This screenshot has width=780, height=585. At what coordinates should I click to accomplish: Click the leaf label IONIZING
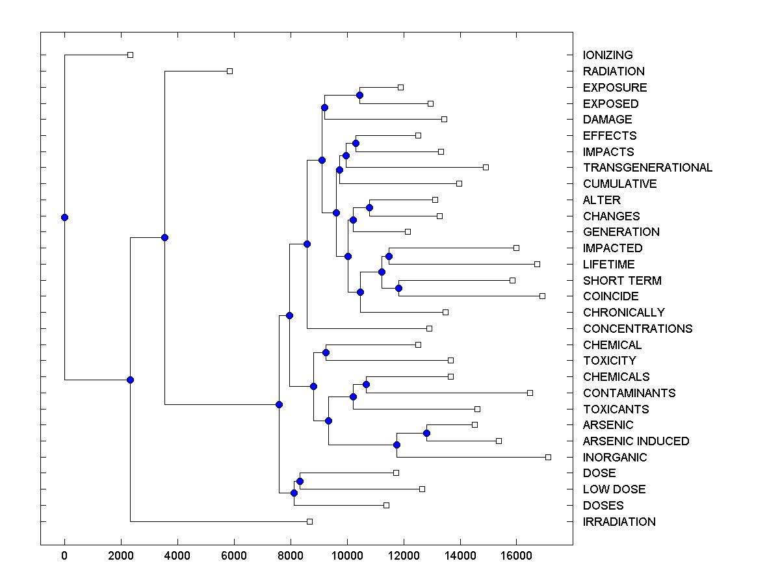pyautogui.click(x=608, y=55)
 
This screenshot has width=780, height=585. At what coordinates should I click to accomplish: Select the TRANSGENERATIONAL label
pyautogui.click(x=647, y=168)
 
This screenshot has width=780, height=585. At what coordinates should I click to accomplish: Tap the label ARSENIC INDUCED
pyautogui.click(x=636, y=441)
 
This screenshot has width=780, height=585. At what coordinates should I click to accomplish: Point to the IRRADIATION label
pyautogui.click(x=619, y=522)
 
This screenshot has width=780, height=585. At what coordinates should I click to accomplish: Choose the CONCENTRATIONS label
pyautogui.click(x=638, y=329)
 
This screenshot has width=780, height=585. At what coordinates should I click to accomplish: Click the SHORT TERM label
pyautogui.click(x=622, y=281)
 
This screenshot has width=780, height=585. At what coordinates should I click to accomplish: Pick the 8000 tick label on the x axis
pyautogui.click(x=291, y=555)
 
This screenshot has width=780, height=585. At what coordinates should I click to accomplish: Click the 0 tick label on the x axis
pyautogui.click(x=64, y=555)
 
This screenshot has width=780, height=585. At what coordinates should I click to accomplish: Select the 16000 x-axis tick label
pyautogui.click(x=517, y=555)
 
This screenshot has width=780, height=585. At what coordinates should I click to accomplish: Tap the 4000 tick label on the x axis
pyautogui.click(x=177, y=555)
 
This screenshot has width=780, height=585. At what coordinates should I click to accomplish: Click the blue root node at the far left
pyautogui.click(x=64, y=217)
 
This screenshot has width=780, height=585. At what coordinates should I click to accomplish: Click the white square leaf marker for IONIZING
pyautogui.click(x=130, y=55)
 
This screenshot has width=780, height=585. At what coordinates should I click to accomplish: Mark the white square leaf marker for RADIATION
pyautogui.click(x=229, y=71)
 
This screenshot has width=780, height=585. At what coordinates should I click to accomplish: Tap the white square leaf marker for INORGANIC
pyautogui.click(x=548, y=458)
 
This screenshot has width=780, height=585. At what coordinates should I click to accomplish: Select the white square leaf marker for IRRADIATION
pyautogui.click(x=309, y=521)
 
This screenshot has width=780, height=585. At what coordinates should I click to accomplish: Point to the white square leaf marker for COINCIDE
pyautogui.click(x=542, y=296)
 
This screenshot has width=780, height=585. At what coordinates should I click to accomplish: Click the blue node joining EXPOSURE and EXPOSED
pyautogui.click(x=359, y=96)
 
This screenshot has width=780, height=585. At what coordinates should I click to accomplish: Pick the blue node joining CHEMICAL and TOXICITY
pyautogui.click(x=326, y=352)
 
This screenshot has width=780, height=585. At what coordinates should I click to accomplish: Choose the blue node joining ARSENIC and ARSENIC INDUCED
pyautogui.click(x=426, y=433)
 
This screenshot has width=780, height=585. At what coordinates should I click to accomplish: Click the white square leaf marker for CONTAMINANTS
pyautogui.click(x=530, y=393)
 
